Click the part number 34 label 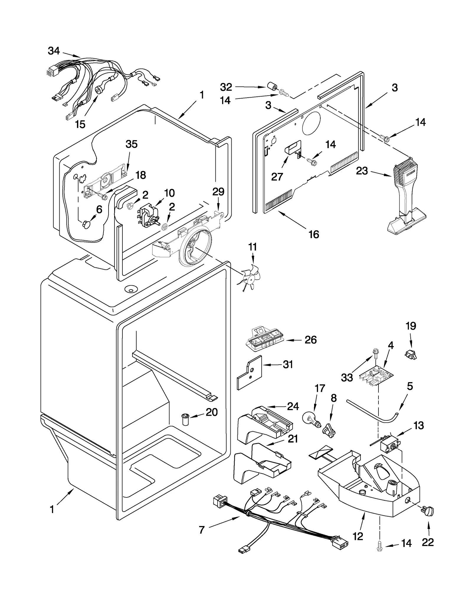point(54,51)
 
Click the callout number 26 point(310,340)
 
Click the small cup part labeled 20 point(185,419)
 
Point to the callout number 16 point(314,234)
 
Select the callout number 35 point(131,144)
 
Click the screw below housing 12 point(379,548)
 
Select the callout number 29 point(218,192)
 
